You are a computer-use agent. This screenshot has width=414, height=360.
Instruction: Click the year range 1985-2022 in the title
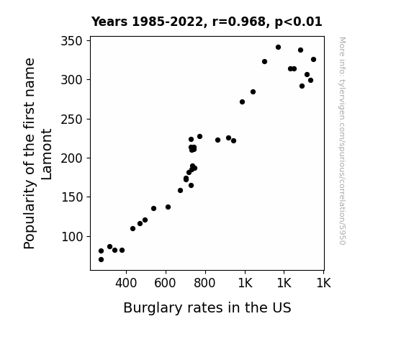(x=170, y=22)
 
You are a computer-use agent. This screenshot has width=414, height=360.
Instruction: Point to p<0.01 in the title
(x=298, y=22)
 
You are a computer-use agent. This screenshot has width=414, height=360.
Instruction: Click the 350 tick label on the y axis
(x=71, y=41)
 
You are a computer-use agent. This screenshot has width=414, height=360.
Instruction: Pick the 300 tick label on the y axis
(x=71, y=80)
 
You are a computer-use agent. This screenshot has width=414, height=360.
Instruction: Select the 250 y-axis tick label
(x=71, y=120)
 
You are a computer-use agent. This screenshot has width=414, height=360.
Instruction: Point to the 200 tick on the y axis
(x=71, y=158)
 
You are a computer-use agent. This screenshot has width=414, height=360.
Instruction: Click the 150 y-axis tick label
(x=71, y=197)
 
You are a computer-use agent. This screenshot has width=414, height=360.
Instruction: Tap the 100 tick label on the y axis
(x=71, y=237)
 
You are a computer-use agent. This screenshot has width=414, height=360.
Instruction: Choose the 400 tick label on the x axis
(x=126, y=283)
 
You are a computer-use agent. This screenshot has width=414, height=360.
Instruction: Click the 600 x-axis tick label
(x=165, y=283)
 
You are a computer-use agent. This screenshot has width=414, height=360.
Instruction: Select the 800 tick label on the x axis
(x=204, y=283)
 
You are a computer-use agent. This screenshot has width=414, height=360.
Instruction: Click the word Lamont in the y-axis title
(x=47, y=154)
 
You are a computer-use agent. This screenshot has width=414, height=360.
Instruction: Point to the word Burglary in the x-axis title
(x=153, y=308)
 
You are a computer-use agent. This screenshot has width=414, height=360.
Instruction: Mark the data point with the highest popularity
(x=278, y=48)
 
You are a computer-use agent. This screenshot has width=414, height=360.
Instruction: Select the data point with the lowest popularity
(x=101, y=260)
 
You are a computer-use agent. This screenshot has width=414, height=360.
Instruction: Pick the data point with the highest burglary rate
(x=313, y=60)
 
